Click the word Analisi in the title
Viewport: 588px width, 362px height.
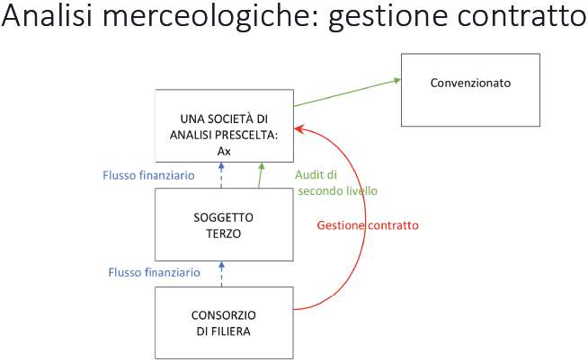tap(47, 15)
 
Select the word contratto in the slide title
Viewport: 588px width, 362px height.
tap(521, 16)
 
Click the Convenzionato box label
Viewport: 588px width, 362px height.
tap(470, 83)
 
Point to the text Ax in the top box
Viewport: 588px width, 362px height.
tap(224, 152)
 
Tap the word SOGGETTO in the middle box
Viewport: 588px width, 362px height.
tap(224, 217)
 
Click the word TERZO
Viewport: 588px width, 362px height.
tap(224, 234)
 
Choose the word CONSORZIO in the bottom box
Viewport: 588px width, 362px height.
tap(224, 315)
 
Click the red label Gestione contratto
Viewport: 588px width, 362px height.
tap(368, 225)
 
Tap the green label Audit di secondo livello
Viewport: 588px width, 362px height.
tap(336, 183)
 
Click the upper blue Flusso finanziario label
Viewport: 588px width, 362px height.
tap(148, 175)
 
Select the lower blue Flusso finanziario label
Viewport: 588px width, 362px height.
tap(154, 272)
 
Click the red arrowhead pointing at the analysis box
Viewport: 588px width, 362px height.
tap(298, 129)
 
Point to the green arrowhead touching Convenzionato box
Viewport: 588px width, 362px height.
tap(396, 80)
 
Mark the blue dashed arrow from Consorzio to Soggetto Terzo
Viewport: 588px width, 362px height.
tap(221, 274)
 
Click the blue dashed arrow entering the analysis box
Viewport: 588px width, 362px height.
tap(221, 175)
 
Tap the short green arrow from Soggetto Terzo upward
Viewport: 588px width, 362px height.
tap(260, 175)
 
